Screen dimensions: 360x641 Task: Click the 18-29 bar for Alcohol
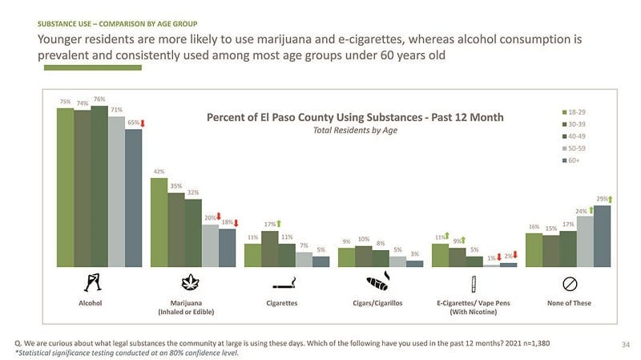[x=65, y=187]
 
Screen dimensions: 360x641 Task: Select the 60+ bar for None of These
[x=601, y=236]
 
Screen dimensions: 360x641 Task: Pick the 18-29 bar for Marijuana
[x=159, y=222]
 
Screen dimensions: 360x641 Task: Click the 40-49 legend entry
[x=574, y=136]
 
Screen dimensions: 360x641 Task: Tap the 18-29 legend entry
[x=574, y=112]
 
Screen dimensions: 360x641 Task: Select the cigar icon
[x=377, y=282]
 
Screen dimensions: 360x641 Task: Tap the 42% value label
[x=159, y=172]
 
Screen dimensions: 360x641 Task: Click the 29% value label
[x=600, y=199]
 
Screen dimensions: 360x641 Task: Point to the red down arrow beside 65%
[x=142, y=123]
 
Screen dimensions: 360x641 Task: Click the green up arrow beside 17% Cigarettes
[x=279, y=224]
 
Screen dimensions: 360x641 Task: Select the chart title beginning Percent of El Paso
[x=355, y=117]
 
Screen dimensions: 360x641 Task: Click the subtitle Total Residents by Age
[x=355, y=130]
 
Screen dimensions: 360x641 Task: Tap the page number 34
[x=627, y=345]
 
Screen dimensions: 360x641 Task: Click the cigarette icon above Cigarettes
[x=284, y=283]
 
